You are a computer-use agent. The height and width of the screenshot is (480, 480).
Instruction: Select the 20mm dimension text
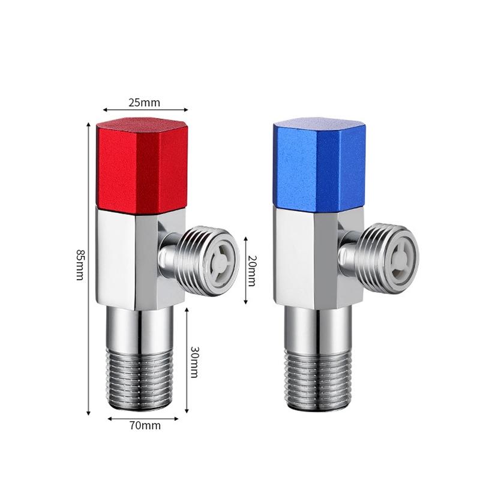click(252, 270)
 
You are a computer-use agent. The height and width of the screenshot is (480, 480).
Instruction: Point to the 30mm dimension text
click(194, 361)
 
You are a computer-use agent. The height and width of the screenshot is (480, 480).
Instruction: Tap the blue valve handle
click(319, 164)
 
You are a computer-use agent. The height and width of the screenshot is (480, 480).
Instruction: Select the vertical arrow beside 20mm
click(245, 269)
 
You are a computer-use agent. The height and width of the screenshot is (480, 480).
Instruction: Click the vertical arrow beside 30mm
click(187, 360)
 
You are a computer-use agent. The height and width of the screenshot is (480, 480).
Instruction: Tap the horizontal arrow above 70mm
click(143, 418)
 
